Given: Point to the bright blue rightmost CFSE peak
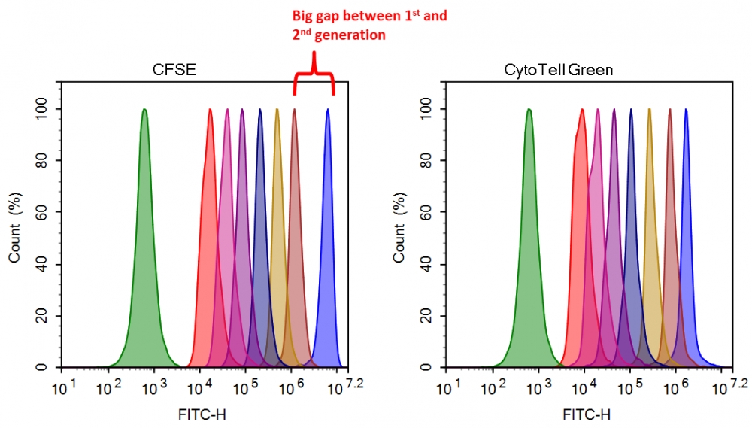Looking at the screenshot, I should click(328, 226).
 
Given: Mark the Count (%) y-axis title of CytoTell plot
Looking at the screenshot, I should click(399, 237).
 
